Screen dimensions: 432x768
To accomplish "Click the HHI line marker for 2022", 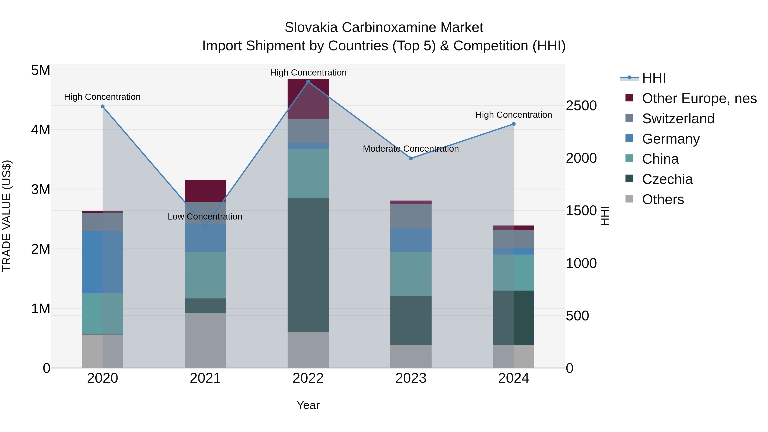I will coord(308,82).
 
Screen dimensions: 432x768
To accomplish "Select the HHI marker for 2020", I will coord(103,106).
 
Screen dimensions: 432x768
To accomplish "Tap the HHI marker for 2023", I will coord(411,158).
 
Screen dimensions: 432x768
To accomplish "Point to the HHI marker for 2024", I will coord(513,124).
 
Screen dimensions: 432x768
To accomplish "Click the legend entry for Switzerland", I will coord(678,119).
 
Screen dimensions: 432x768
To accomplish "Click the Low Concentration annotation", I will coord(205,217).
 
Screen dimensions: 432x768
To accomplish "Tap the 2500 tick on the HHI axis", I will coord(581,106).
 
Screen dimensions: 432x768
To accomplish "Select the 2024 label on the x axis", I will coord(513,378).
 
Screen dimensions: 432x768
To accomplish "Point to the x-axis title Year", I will coord(308,405).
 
